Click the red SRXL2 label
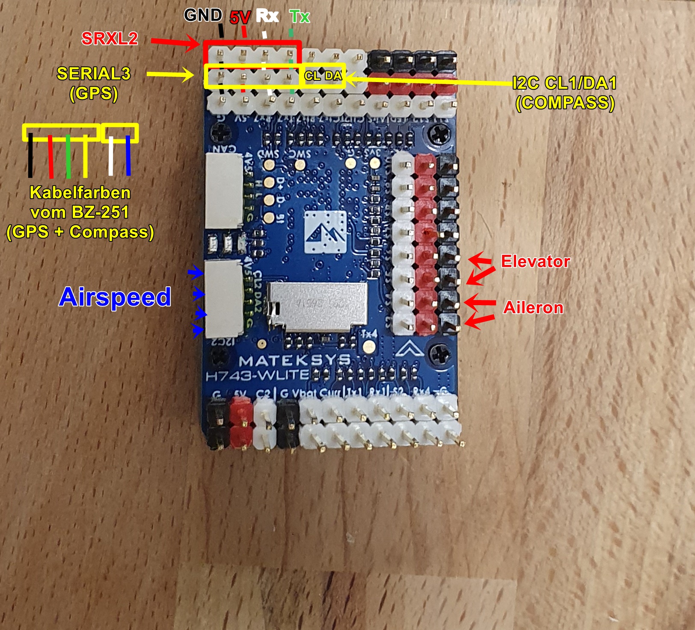[x=110, y=39]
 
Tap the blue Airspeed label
[x=115, y=297]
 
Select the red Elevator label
[x=535, y=262]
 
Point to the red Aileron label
[x=533, y=308]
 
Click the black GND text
[x=203, y=15]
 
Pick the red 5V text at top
[x=240, y=18]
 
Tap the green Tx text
[x=300, y=17]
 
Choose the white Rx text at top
[x=267, y=16]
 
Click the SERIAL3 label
[x=94, y=74]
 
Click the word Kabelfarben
[x=80, y=193]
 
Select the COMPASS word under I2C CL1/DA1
[x=565, y=103]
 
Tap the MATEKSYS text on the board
[x=294, y=361]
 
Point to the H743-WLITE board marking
[x=257, y=376]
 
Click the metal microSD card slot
[x=317, y=307]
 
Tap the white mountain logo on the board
[x=326, y=233]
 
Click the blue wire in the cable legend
[x=128, y=156]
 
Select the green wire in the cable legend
[x=68, y=156]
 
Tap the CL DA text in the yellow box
[x=323, y=76]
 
